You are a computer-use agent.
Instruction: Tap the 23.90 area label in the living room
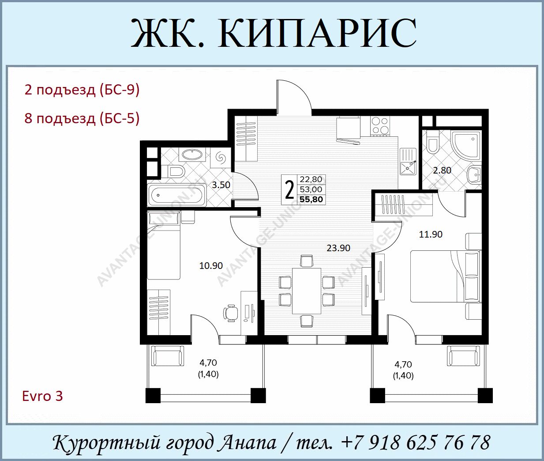(x=338, y=248)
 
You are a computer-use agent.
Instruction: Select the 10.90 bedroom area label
(x=211, y=265)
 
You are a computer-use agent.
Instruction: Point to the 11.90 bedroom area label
(x=431, y=234)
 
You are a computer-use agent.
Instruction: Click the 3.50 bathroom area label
(x=221, y=185)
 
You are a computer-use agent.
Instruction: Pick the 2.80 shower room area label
(x=442, y=170)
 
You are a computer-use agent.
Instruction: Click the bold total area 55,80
(x=311, y=200)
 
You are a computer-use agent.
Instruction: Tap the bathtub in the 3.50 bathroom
(x=176, y=196)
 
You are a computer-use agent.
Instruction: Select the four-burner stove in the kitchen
(x=380, y=126)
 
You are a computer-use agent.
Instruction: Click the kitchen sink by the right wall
(x=408, y=162)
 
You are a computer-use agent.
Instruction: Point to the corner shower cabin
(x=466, y=147)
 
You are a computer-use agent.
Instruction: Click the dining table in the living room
(x=307, y=291)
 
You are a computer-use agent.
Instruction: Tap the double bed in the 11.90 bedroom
(x=445, y=276)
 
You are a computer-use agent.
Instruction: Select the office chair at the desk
(x=231, y=313)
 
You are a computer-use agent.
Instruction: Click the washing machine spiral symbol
(x=221, y=158)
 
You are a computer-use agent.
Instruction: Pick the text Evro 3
(x=43, y=396)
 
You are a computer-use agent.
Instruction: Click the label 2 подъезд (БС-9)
(x=82, y=91)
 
